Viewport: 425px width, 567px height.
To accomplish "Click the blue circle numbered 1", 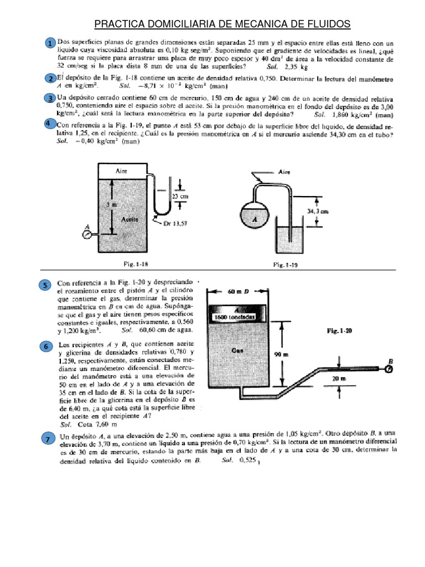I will coord(50,44).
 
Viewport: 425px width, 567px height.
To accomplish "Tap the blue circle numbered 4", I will coord(49,123).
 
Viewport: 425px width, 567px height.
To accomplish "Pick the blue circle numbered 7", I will coord(49,439).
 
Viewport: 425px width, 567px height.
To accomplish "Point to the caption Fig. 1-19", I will coord(286,265).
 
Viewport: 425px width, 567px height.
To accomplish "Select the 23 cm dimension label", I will coord(179,197).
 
